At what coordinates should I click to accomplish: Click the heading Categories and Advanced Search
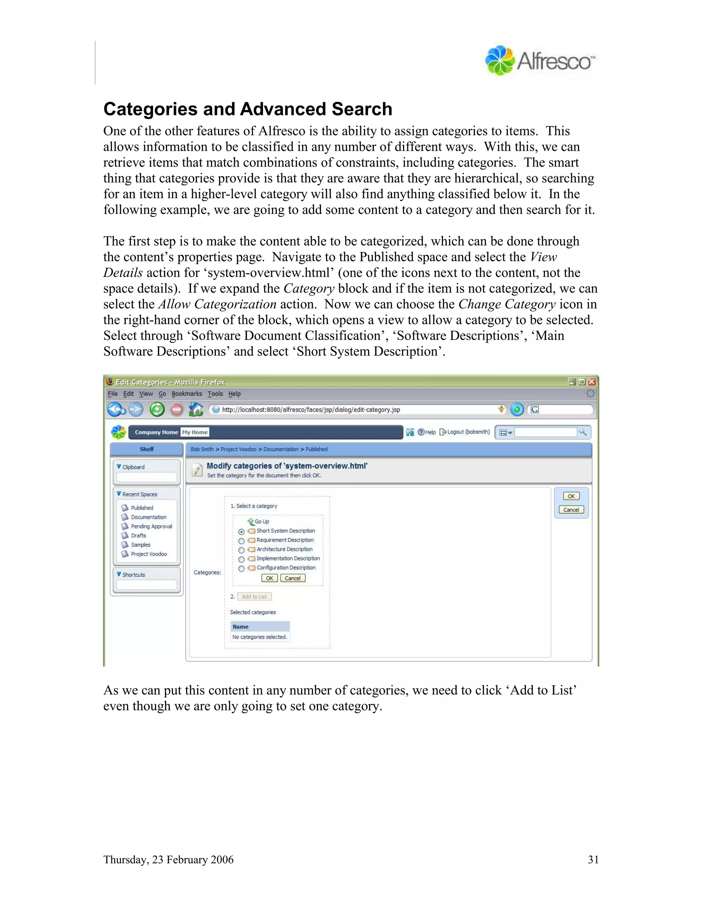(247, 109)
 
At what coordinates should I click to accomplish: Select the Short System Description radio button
(241, 532)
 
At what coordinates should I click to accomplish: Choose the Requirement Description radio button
(241, 541)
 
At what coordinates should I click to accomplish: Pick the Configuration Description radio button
(241, 569)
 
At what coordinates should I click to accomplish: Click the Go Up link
(261, 521)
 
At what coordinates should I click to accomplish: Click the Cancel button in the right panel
(571, 510)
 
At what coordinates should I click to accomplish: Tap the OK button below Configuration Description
(269, 578)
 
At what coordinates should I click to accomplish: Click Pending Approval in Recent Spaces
(151, 526)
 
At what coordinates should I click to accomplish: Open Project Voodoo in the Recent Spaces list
(149, 554)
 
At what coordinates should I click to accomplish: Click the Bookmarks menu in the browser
(187, 394)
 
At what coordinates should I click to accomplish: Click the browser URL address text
(311, 410)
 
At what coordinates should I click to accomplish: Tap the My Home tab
(195, 432)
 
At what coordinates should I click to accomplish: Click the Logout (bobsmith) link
(468, 432)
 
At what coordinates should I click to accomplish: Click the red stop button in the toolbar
(176, 410)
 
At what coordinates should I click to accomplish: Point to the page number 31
(592, 860)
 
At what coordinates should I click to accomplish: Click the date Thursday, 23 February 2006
(168, 860)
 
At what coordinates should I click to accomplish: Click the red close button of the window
(591, 382)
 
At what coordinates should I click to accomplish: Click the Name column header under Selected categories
(240, 627)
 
